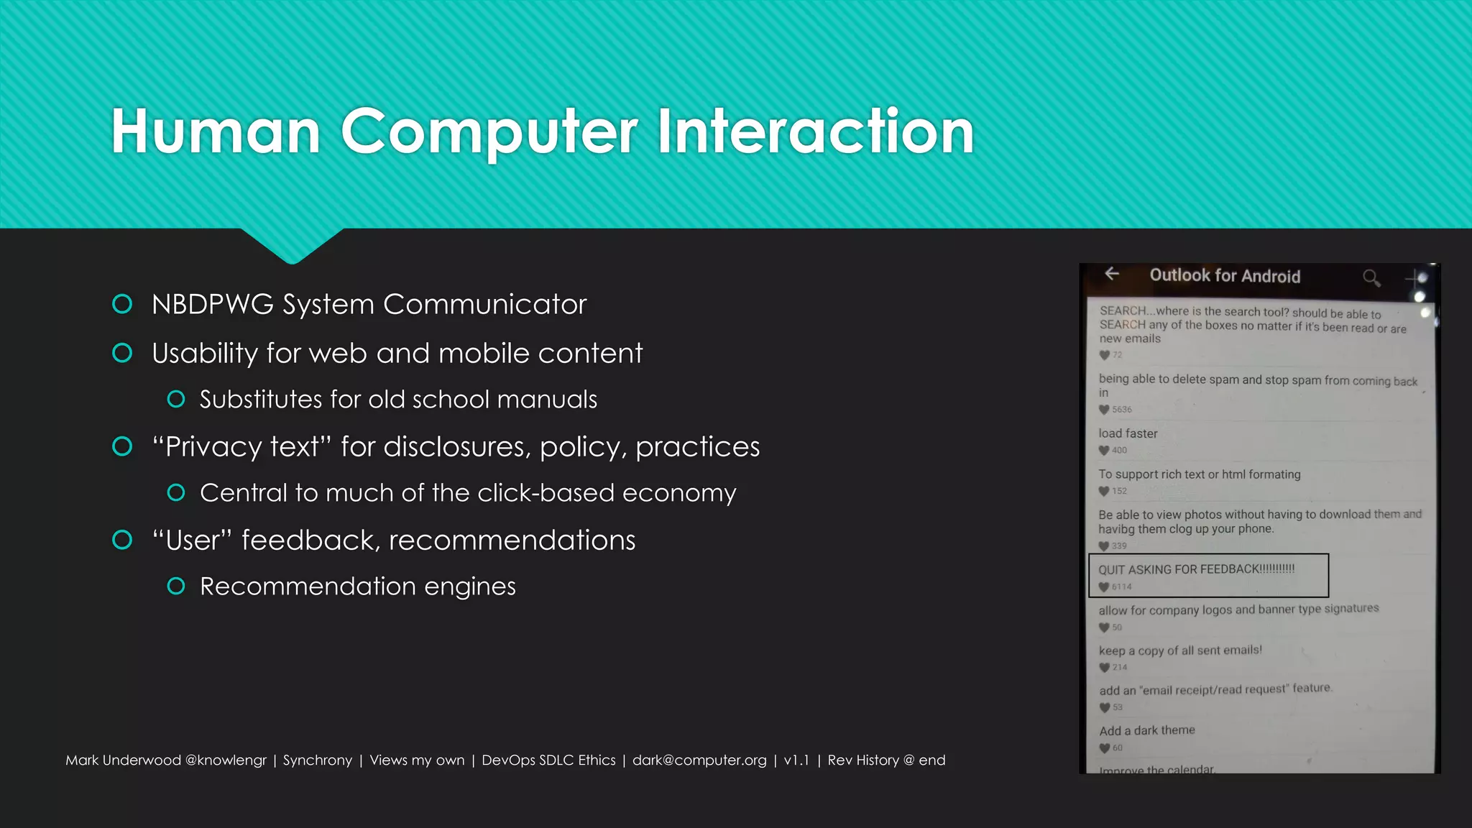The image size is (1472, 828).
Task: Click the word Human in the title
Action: pos(216,131)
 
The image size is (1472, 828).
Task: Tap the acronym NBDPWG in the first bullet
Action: pos(213,305)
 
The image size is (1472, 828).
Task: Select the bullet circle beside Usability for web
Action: pos(122,353)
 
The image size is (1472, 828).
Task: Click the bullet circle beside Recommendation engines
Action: pos(176,586)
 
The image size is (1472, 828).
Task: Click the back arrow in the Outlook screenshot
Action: pos(1112,274)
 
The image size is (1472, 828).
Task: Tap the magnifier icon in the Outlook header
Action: pos(1371,277)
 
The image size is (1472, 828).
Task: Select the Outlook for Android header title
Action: pos(1225,276)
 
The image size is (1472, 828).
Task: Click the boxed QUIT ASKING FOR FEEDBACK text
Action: pos(1196,569)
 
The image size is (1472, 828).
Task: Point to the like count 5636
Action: pos(1121,410)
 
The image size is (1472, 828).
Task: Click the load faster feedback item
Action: pos(1128,433)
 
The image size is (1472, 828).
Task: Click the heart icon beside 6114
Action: pos(1104,586)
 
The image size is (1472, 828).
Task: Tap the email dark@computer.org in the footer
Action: pos(699,760)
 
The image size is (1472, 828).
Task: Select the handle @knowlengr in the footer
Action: pos(226,760)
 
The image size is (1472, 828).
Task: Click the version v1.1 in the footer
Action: pos(796,760)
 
